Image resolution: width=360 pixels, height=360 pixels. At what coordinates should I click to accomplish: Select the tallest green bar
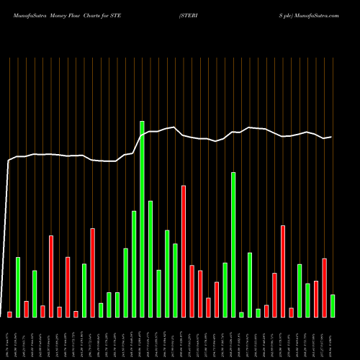pyautogui.click(x=142, y=219)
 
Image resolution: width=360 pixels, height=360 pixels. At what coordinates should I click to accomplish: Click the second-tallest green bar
pyautogui.click(x=233, y=245)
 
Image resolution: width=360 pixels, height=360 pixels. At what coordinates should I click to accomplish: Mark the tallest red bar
pyautogui.click(x=184, y=251)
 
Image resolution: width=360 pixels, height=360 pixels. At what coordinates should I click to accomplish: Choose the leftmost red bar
pyautogui.click(x=9, y=314)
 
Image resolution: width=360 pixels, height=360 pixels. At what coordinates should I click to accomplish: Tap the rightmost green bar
pyautogui.click(x=333, y=306)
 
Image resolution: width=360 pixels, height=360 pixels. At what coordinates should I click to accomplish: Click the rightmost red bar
pyautogui.click(x=325, y=287)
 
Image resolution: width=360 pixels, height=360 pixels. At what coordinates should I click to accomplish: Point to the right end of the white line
pyautogui.click(x=331, y=137)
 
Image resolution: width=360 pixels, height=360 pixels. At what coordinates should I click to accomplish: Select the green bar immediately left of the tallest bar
pyautogui.click(x=134, y=264)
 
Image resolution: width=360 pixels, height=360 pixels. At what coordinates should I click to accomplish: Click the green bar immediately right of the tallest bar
pyautogui.click(x=150, y=259)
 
